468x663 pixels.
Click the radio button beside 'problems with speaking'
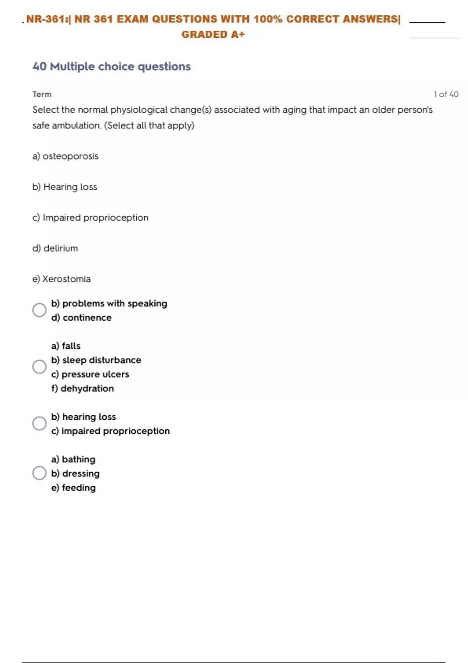point(39,310)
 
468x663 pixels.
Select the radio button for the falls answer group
point(39,367)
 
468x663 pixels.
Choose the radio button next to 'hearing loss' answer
point(39,423)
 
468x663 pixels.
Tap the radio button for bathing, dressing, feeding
point(39,473)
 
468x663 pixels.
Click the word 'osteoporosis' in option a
point(71,156)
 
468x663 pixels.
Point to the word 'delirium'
point(61,248)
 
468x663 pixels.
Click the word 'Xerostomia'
point(66,279)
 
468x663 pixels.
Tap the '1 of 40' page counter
point(446,94)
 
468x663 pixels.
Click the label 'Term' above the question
point(42,94)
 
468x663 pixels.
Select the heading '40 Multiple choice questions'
point(112,67)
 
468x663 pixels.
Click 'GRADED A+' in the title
point(213,35)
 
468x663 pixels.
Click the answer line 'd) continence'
point(81,318)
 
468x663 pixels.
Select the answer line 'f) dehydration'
point(82,388)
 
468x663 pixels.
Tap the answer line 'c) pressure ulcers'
point(90,374)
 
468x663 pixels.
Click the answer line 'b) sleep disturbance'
point(96,360)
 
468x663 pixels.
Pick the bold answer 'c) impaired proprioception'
point(110,431)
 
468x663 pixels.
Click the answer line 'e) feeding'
point(73,487)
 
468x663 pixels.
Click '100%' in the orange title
point(268,19)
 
